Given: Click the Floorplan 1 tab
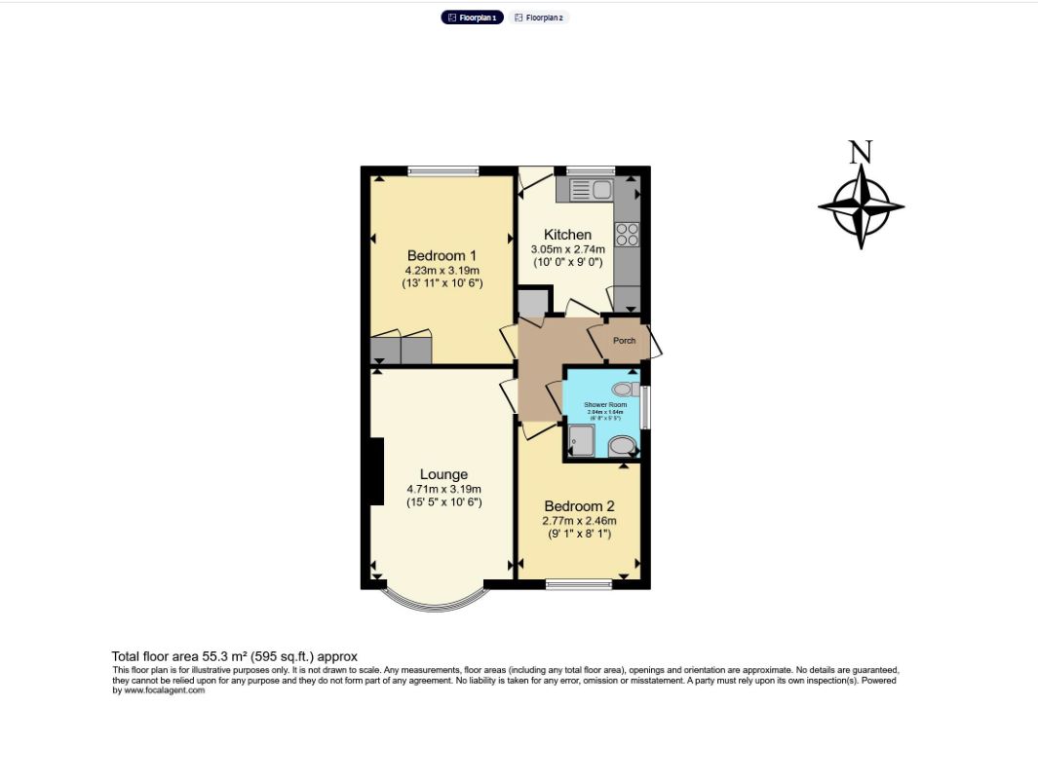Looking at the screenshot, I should [x=473, y=18].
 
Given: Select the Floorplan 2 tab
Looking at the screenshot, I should [x=539, y=18].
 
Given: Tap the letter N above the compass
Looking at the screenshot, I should [x=860, y=152].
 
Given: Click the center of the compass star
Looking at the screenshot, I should [x=861, y=206].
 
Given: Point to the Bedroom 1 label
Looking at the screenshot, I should [x=442, y=256].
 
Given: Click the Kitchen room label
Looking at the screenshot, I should [x=567, y=235].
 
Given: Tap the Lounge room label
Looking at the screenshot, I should [x=443, y=475].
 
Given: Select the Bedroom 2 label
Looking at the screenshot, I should [x=579, y=506].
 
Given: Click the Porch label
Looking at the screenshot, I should [x=624, y=341].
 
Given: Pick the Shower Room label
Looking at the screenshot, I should [x=605, y=404].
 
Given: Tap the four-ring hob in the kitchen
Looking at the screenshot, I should [x=627, y=235].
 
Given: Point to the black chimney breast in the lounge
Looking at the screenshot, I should [x=376, y=471].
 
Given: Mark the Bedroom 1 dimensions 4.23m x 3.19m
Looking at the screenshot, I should [x=442, y=271].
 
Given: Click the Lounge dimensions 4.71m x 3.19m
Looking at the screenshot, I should [x=443, y=490].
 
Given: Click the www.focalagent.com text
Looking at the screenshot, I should [x=166, y=690].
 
